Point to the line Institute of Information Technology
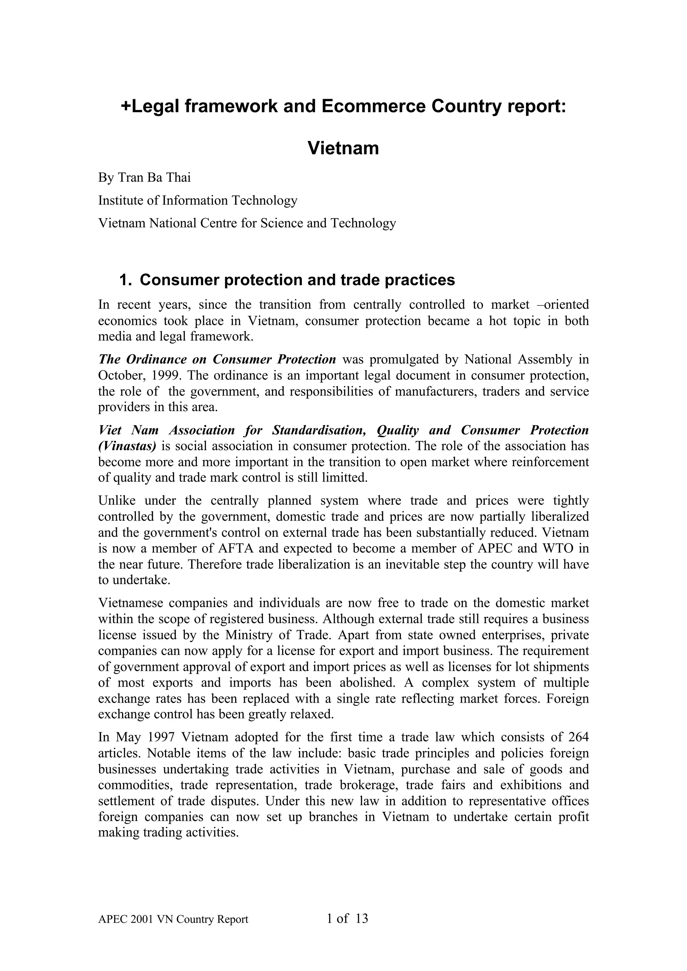coord(198,200)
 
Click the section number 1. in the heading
coord(125,280)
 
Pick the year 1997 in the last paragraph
coord(161,737)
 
